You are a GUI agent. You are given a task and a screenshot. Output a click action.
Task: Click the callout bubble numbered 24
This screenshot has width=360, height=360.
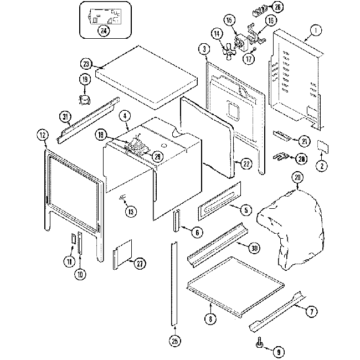(x=103, y=31)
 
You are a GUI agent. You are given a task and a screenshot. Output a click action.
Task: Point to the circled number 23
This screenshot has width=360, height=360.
(x=86, y=63)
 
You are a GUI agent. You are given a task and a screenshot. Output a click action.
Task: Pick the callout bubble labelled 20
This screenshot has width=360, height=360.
(x=297, y=178)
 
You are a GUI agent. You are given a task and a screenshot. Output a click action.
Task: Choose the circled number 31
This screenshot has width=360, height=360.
(x=65, y=116)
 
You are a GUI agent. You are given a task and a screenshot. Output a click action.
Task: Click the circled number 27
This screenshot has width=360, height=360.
(x=140, y=263)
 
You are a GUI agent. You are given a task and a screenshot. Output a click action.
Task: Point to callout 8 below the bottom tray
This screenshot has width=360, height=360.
(x=210, y=320)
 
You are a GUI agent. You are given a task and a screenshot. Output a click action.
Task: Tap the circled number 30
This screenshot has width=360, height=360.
(x=254, y=248)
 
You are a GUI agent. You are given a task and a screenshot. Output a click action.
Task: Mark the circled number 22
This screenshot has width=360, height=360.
(x=246, y=163)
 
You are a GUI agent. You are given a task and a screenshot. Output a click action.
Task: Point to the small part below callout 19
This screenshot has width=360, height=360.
(x=84, y=100)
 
